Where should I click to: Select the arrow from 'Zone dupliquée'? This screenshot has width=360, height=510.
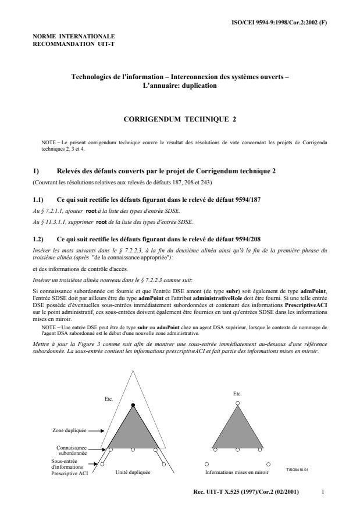(97, 431)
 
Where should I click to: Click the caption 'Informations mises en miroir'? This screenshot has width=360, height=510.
(238, 473)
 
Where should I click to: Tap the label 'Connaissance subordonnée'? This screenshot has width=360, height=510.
(72, 450)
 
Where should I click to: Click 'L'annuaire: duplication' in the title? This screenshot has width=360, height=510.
(180, 85)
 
